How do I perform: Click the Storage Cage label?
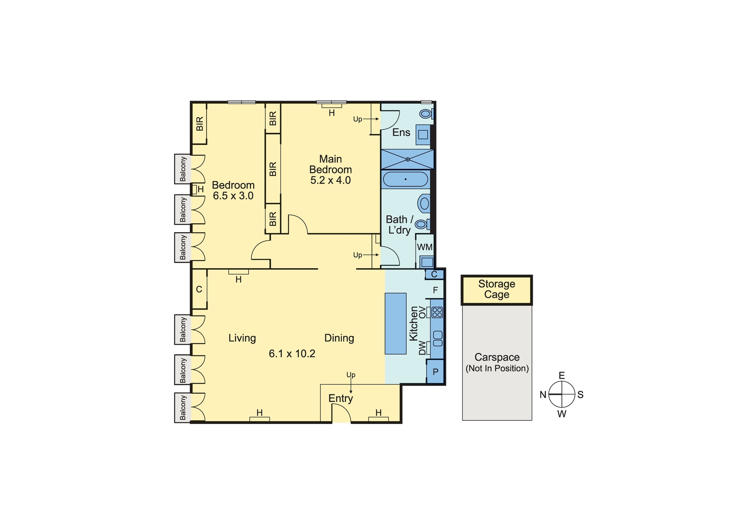[x=497, y=289]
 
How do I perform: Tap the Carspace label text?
[x=497, y=357]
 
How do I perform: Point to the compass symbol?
[x=562, y=394]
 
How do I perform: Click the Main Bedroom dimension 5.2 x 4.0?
[x=331, y=180]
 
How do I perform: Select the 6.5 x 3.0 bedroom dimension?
[x=233, y=196]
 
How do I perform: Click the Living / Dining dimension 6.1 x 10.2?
[x=292, y=354]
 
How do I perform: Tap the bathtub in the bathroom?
[x=405, y=179]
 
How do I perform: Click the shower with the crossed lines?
[x=408, y=159]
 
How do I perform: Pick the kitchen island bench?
[x=396, y=324]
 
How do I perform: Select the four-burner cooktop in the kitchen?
[x=437, y=312]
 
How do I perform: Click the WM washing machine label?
[x=425, y=247]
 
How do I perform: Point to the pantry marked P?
[x=435, y=372]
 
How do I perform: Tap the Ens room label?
[x=401, y=132]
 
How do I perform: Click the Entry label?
[x=341, y=399]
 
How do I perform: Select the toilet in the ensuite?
[x=426, y=113]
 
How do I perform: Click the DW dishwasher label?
[x=422, y=348]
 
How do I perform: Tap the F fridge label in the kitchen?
[x=435, y=290]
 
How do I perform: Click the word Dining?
[x=339, y=338]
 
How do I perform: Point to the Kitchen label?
[x=413, y=324]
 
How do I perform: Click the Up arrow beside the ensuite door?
[x=371, y=119]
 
